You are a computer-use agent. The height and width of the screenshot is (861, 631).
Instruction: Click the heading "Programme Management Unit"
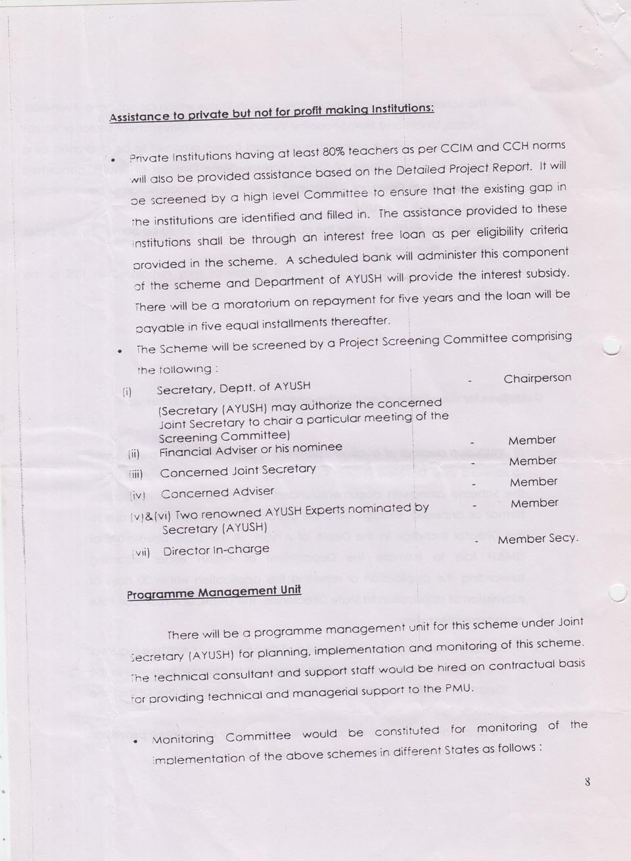coord(214,592)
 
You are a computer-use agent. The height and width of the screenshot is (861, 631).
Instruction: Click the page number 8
coord(587,782)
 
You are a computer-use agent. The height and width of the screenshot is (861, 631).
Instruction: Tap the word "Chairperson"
coord(537,379)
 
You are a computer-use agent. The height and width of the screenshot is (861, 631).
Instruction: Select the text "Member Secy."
coord(538,539)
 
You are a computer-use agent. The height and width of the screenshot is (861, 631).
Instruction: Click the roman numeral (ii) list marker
coord(134,454)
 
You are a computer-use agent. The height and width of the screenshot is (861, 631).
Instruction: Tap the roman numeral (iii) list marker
coord(136,474)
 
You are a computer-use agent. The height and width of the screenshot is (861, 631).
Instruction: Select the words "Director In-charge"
coord(216,550)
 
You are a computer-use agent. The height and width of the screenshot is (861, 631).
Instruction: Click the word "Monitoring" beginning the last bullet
coord(183,739)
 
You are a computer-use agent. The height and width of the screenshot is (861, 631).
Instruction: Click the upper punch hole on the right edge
coord(611,347)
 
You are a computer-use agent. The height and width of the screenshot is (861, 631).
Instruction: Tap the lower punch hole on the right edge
coord(618,593)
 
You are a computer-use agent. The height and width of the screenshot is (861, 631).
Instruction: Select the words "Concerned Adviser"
coord(218,493)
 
